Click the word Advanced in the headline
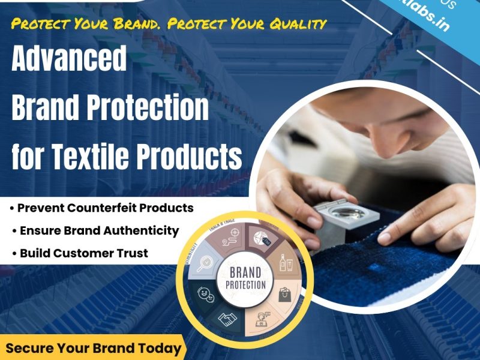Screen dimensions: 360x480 (69, 60)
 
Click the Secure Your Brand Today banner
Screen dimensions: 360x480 (93, 348)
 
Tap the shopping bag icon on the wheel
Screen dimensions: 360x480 (283, 294)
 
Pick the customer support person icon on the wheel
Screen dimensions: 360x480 (262, 316)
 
